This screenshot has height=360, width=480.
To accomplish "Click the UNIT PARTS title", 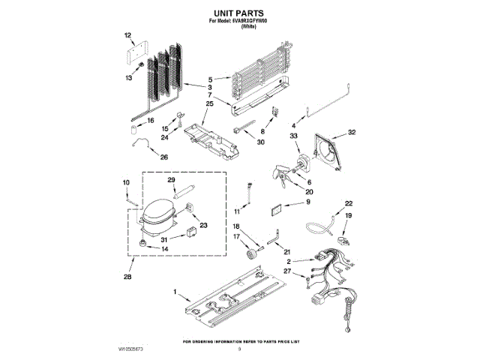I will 239,13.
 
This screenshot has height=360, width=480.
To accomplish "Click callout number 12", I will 127,35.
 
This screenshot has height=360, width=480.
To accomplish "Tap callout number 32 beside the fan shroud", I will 351,132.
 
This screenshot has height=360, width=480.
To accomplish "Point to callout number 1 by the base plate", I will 175,292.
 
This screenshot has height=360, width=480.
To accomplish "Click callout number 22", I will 348,203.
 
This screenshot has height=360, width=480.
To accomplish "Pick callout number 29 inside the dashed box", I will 171,180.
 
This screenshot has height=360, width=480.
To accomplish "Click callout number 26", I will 164,157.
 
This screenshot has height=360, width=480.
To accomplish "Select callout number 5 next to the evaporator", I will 211,78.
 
